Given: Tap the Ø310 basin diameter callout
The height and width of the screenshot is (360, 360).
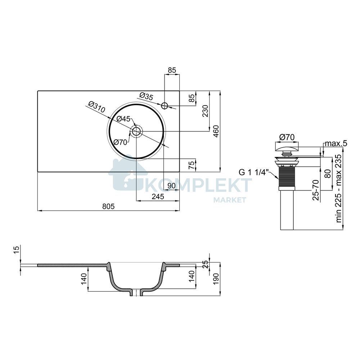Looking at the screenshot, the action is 96,107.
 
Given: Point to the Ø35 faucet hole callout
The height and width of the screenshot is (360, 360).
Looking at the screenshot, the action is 146,96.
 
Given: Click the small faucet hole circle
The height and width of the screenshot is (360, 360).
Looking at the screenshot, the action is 165,105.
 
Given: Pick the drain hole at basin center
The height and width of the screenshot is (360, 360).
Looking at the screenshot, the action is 136,131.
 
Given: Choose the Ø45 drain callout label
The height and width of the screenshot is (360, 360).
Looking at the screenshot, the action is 123,119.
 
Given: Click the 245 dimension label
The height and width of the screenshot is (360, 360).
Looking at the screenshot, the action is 158,197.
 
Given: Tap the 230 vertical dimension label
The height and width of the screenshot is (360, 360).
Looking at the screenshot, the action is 205,111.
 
